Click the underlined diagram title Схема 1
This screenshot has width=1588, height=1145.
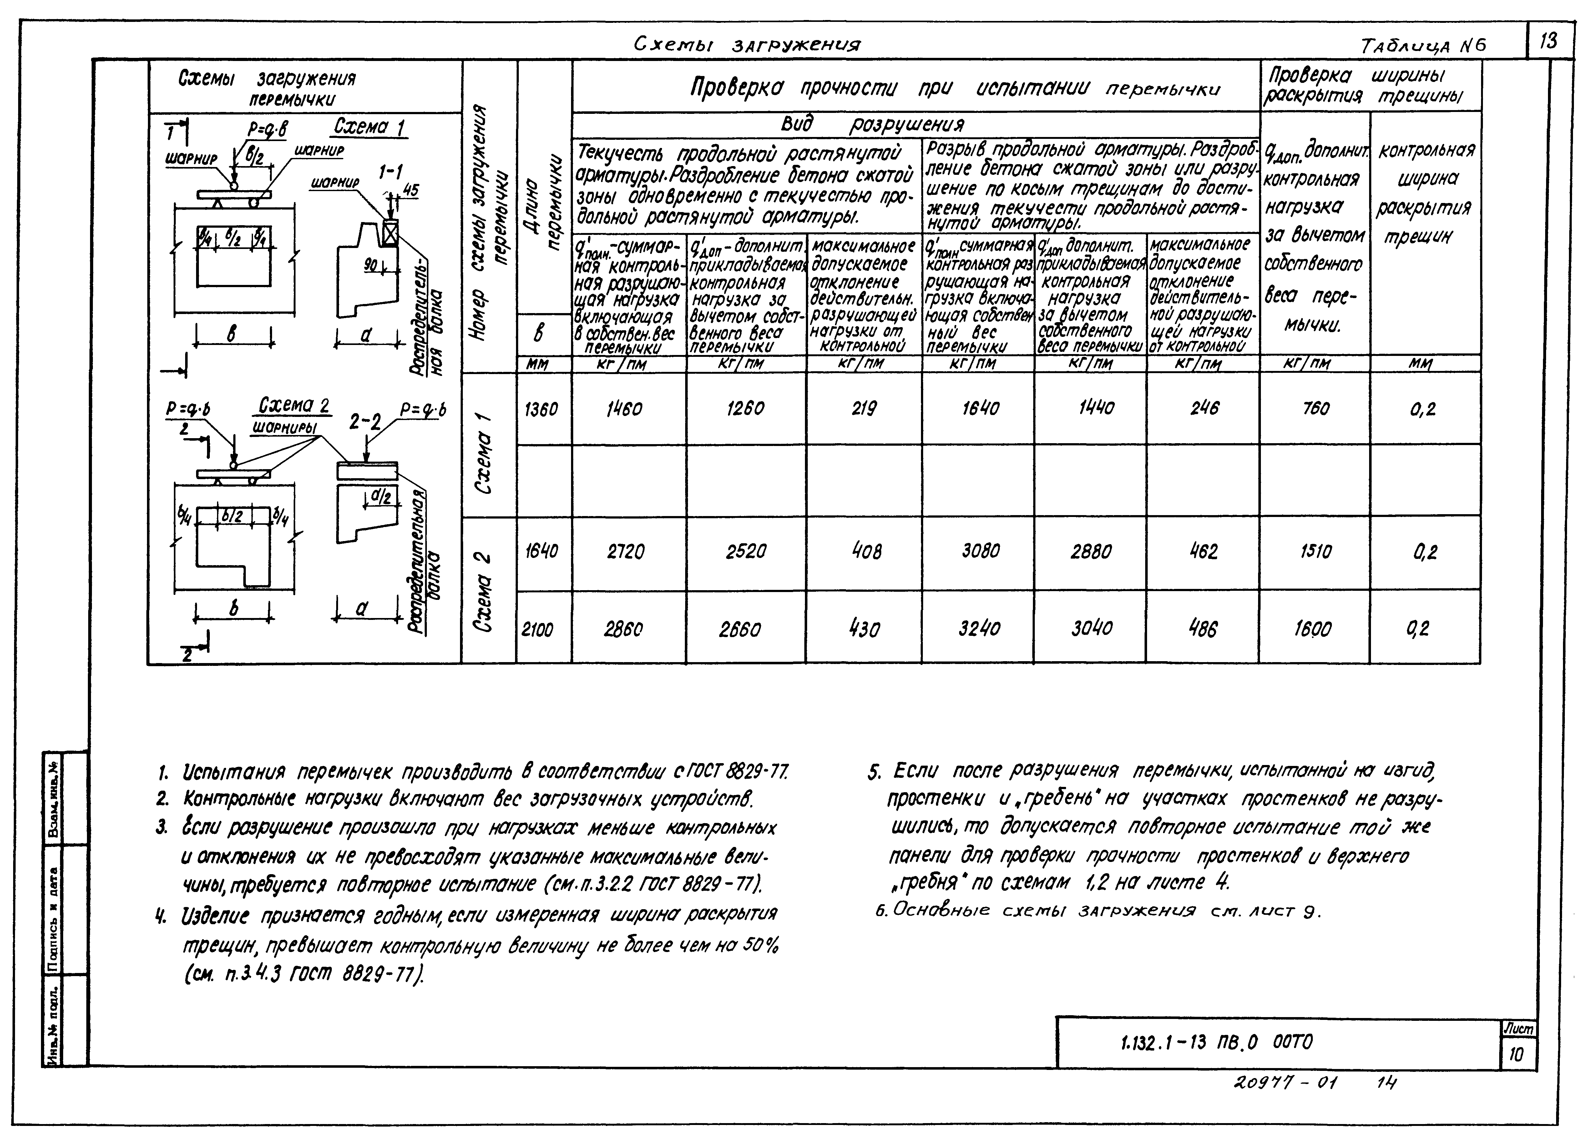tap(370, 128)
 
